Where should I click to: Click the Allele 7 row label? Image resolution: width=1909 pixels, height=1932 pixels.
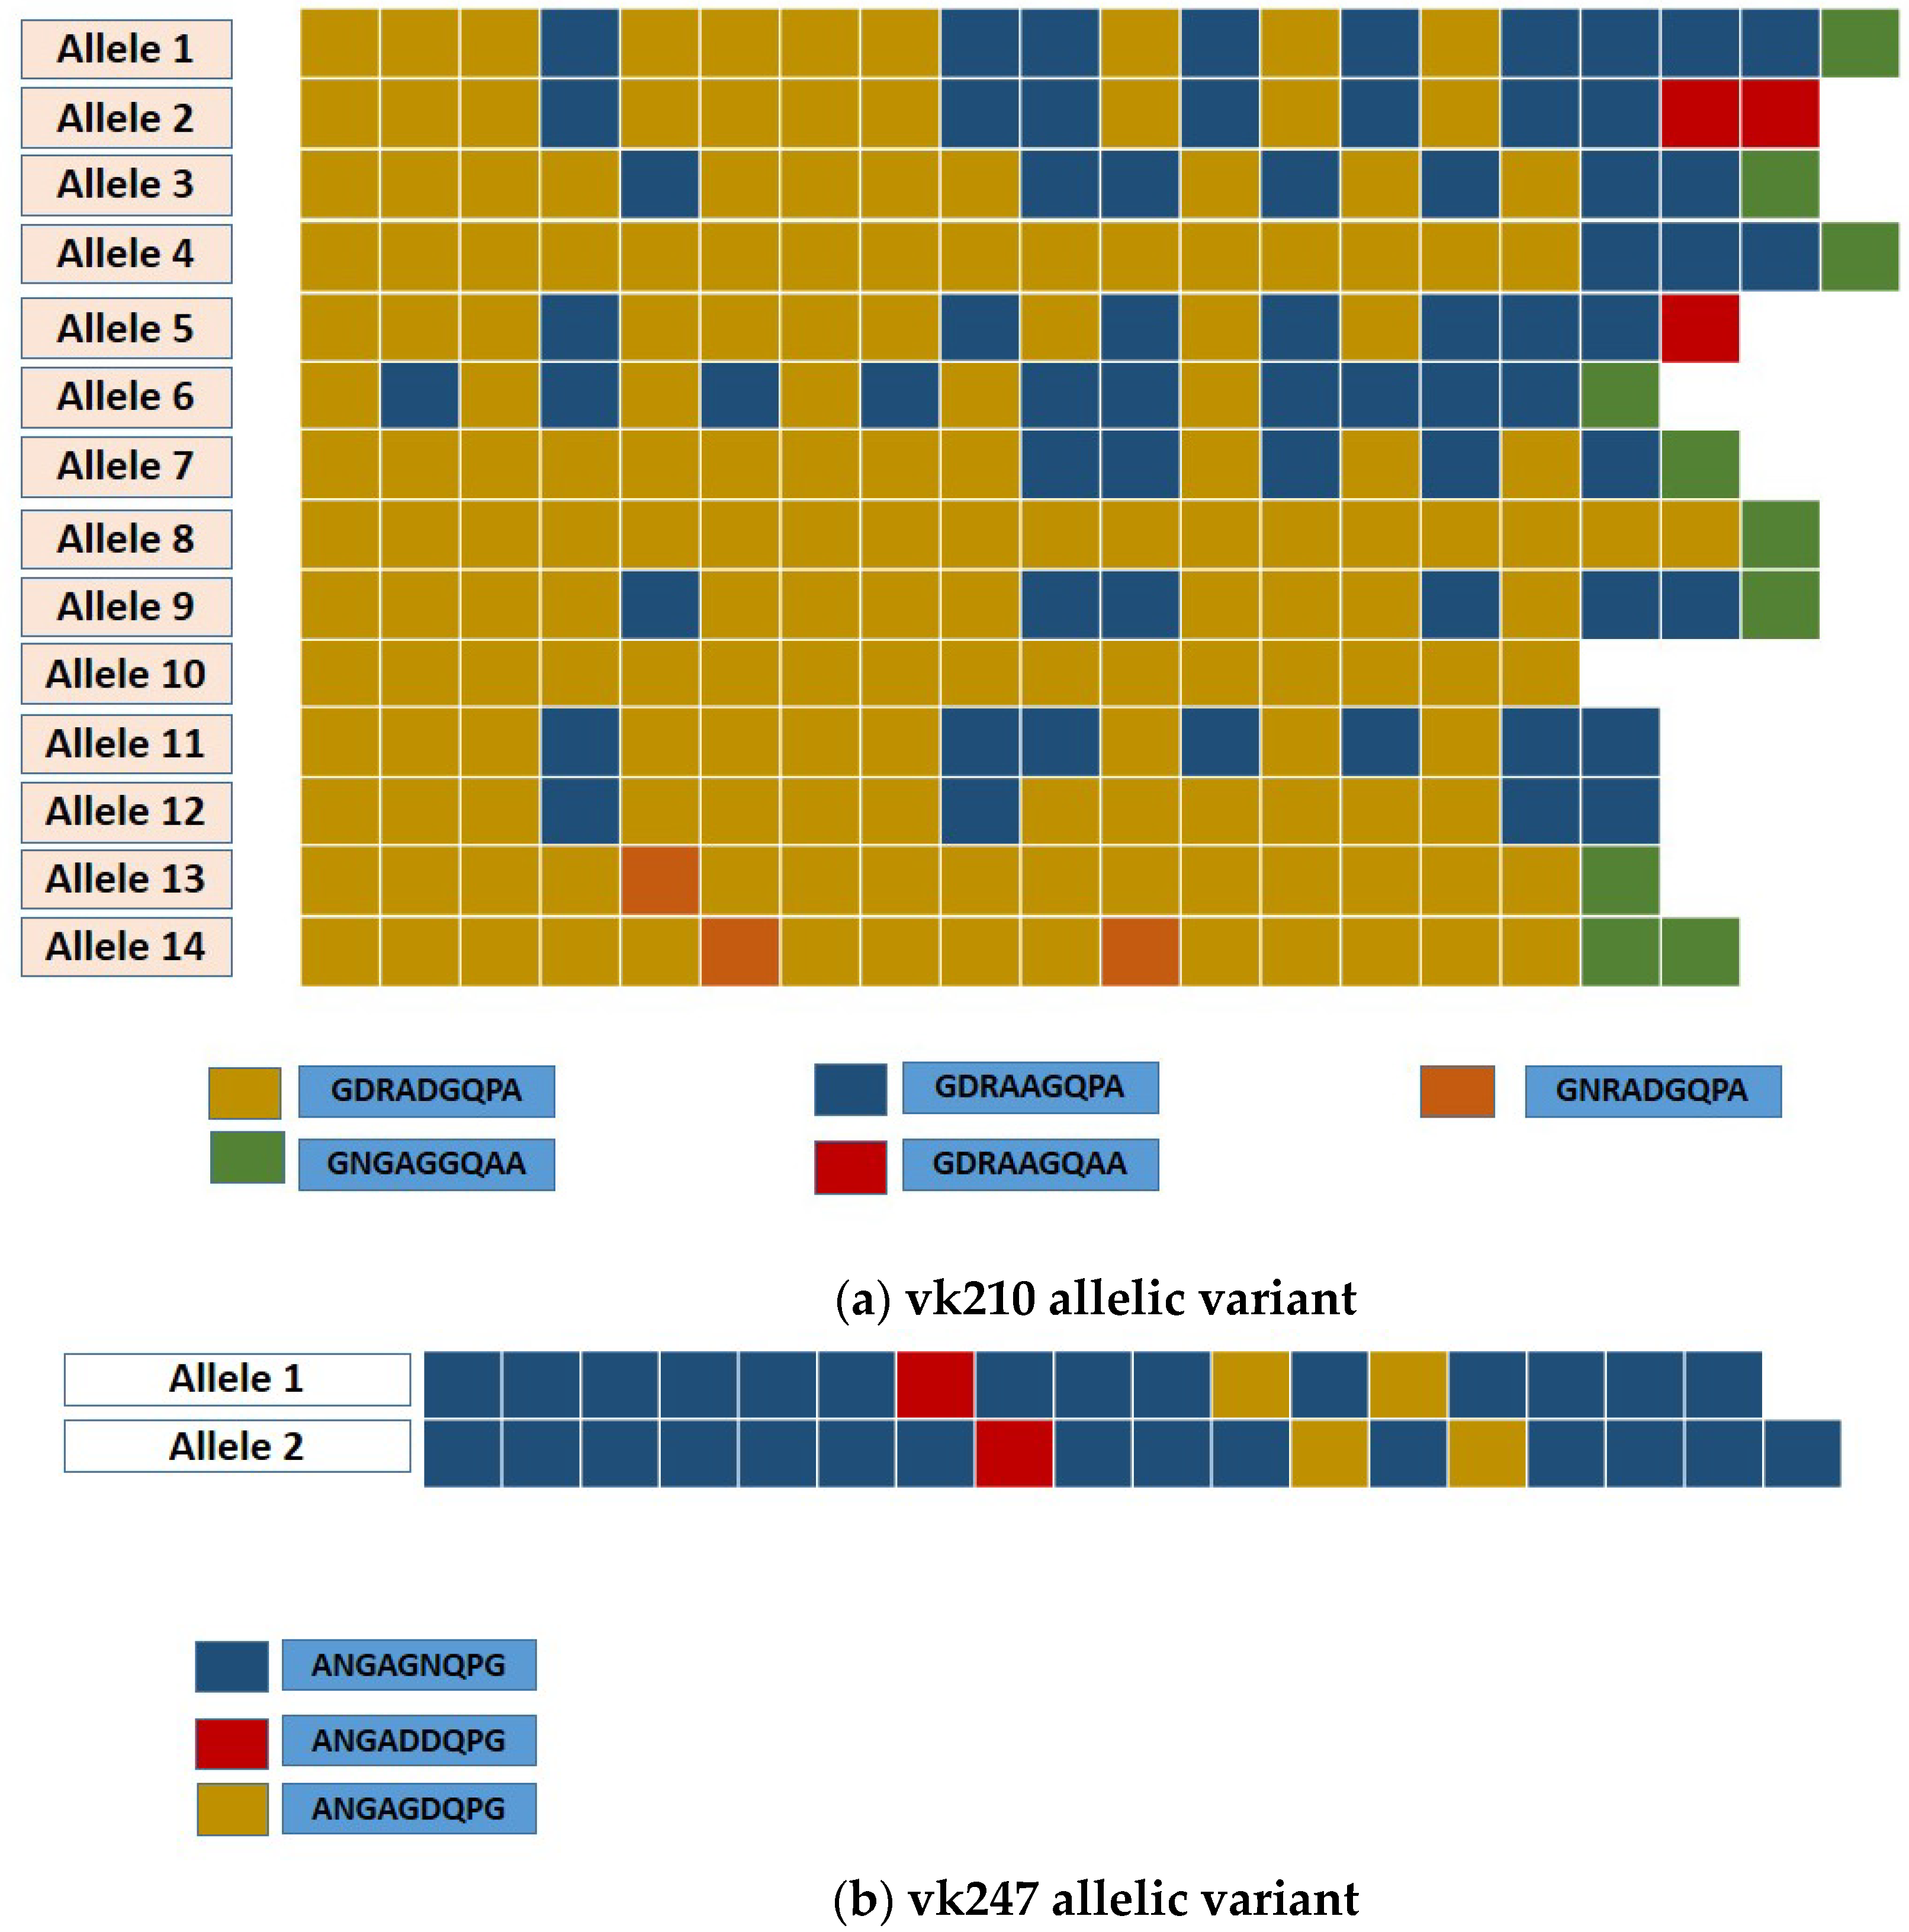(126, 466)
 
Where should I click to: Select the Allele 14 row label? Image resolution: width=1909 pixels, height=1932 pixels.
(126, 946)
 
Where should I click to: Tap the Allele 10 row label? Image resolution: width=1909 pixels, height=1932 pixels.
(126, 674)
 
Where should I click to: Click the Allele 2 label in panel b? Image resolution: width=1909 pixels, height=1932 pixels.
(237, 1446)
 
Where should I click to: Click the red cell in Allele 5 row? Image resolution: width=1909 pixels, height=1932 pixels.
(1699, 328)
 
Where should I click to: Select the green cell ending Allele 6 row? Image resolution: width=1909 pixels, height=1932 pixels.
(1619, 397)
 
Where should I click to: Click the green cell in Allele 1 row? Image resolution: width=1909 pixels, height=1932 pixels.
(1859, 43)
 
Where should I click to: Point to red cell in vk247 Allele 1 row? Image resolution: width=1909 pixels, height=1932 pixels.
(934, 1384)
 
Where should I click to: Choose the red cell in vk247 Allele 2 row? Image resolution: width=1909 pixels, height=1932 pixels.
(1013, 1453)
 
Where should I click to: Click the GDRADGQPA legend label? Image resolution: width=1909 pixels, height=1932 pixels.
(426, 1090)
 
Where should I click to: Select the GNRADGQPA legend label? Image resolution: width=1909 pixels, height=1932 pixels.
(1652, 1090)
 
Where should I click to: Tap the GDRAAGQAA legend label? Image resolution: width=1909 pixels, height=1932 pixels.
(1030, 1164)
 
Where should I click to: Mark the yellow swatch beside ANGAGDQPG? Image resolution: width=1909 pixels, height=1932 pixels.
(232, 1809)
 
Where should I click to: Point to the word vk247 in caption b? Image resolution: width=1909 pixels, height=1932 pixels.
(972, 1898)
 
